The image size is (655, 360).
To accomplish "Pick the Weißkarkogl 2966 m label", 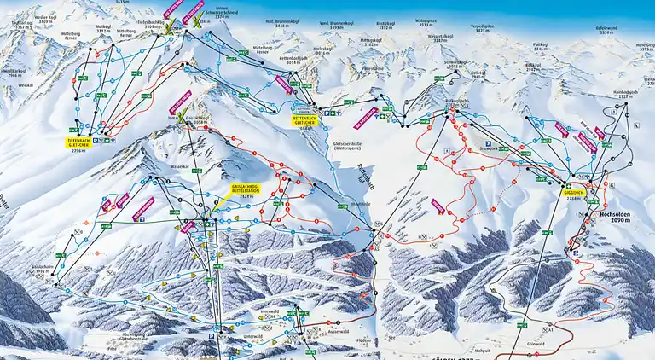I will (14, 72).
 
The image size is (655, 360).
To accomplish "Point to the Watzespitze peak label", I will (426, 22).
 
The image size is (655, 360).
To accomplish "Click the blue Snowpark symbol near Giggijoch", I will (488, 143).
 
